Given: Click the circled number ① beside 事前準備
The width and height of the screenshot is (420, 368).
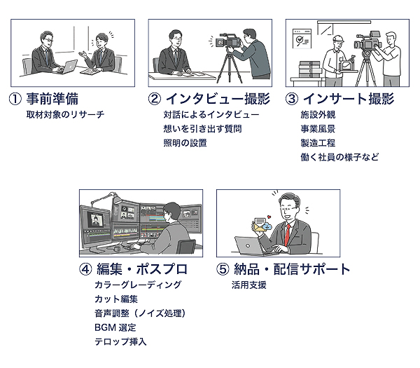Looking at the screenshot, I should click(x=15, y=100).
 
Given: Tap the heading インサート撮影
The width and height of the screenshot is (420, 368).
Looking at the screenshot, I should click(x=349, y=100).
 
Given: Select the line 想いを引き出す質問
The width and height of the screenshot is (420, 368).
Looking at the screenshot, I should click(x=198, y=128).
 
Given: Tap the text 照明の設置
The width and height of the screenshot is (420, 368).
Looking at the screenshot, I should click(x=185, y=143).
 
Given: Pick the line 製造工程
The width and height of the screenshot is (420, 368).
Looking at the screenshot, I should click(x=314, y=143).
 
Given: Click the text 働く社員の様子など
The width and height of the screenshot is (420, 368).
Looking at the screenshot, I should click(x=340, y=157).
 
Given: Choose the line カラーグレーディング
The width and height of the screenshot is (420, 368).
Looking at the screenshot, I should click(x=138, y=285).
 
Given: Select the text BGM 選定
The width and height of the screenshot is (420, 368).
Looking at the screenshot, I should click(x=115, y=327).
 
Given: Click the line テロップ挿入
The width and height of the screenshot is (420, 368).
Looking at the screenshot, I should click(x=120, y=342).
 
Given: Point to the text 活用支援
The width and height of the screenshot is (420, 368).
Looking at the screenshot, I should click(x=249, y=285).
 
